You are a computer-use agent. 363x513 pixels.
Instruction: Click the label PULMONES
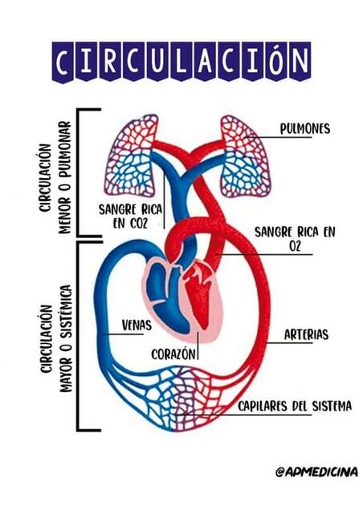304,128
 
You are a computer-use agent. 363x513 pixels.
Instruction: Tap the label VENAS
137,325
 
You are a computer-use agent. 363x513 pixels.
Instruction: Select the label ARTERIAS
306,335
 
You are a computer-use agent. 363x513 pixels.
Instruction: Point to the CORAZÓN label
173,353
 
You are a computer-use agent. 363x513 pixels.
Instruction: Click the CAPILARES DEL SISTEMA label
295,406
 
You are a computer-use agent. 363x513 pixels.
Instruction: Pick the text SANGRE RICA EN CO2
131,216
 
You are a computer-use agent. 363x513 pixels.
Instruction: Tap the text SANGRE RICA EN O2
295,239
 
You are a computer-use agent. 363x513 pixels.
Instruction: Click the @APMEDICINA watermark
316,472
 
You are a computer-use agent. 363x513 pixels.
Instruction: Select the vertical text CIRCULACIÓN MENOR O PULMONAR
55,178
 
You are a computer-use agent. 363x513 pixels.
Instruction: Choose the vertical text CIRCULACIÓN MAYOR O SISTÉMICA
55,338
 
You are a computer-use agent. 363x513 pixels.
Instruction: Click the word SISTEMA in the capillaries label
332,406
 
